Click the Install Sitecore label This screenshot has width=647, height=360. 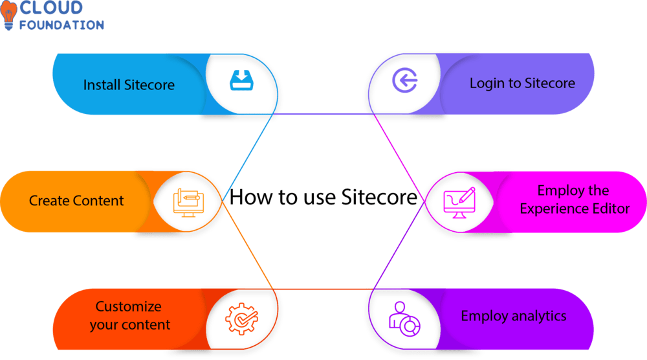(x=129, y=85)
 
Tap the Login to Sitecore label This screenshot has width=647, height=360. (x=522, y=83)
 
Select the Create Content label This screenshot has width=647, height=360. (x=76, y=201)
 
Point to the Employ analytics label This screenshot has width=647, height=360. (x=514, y=316)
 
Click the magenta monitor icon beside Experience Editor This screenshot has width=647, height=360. (x=458, y=201)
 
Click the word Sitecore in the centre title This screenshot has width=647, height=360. (x=376, y=197)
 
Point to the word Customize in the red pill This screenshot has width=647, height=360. (x=129, y=306)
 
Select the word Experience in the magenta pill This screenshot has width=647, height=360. (x=549, y=208)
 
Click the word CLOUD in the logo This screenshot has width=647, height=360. (x=51, y=8)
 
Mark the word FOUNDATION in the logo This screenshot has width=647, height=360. (x=61, y=25)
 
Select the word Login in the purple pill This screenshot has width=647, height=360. (x=487, y=83)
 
